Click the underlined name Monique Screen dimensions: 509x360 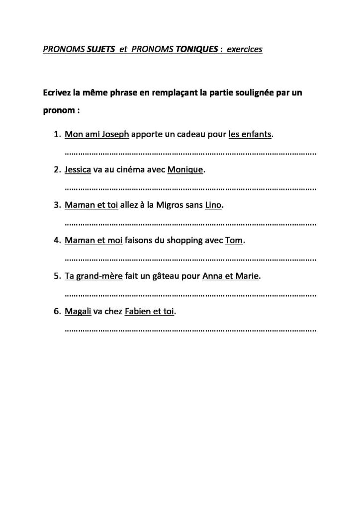point(185,170)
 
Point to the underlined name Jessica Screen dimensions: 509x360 point(78,170)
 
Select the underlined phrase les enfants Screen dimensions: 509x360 point(250,134)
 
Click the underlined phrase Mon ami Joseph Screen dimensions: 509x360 point(96,134)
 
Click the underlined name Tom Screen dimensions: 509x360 point(234,241)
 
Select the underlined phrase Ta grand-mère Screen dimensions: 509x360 point(93,276)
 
